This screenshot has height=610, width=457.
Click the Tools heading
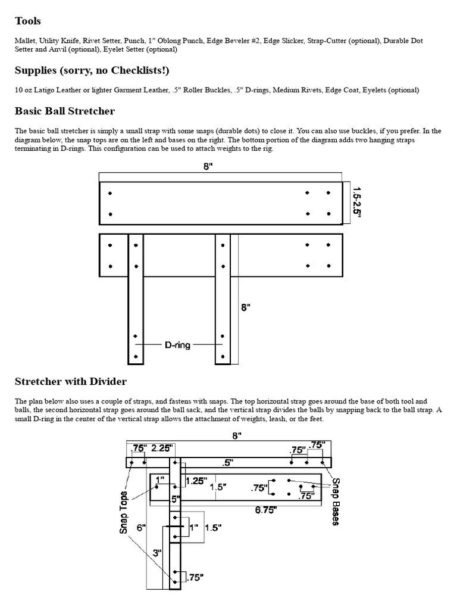(27, 21)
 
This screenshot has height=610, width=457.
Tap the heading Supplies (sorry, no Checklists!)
(92, 71)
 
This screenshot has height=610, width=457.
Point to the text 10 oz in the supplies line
(24, 91)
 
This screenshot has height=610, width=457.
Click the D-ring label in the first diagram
(177, 344)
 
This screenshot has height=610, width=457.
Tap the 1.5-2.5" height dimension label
(356, 203)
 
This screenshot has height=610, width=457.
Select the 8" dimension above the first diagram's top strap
(208, 168)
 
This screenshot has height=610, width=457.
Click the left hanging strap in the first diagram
(136, 310)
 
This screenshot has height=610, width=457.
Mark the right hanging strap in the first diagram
(223, 310)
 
